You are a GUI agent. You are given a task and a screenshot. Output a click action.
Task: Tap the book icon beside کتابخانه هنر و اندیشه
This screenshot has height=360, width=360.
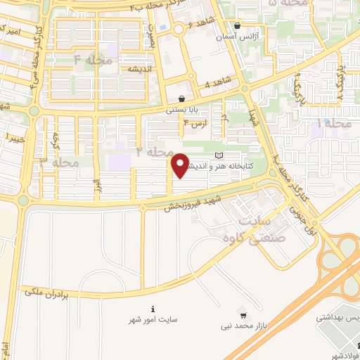coord(218,155)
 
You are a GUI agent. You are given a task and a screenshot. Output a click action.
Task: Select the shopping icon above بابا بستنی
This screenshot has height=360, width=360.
coord(183,99)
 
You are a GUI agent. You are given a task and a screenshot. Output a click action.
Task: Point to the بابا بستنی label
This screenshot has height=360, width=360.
coord(183,110)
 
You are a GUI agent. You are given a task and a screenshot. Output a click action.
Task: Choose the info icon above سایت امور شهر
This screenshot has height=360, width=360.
coord(153,309)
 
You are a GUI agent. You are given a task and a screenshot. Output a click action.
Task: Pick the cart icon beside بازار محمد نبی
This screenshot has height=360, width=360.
coord(243,314)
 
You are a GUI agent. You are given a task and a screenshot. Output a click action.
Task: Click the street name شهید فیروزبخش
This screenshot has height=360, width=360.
coord(193,204)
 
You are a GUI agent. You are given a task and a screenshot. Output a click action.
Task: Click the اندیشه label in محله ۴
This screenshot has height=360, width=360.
coord(141,70)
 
